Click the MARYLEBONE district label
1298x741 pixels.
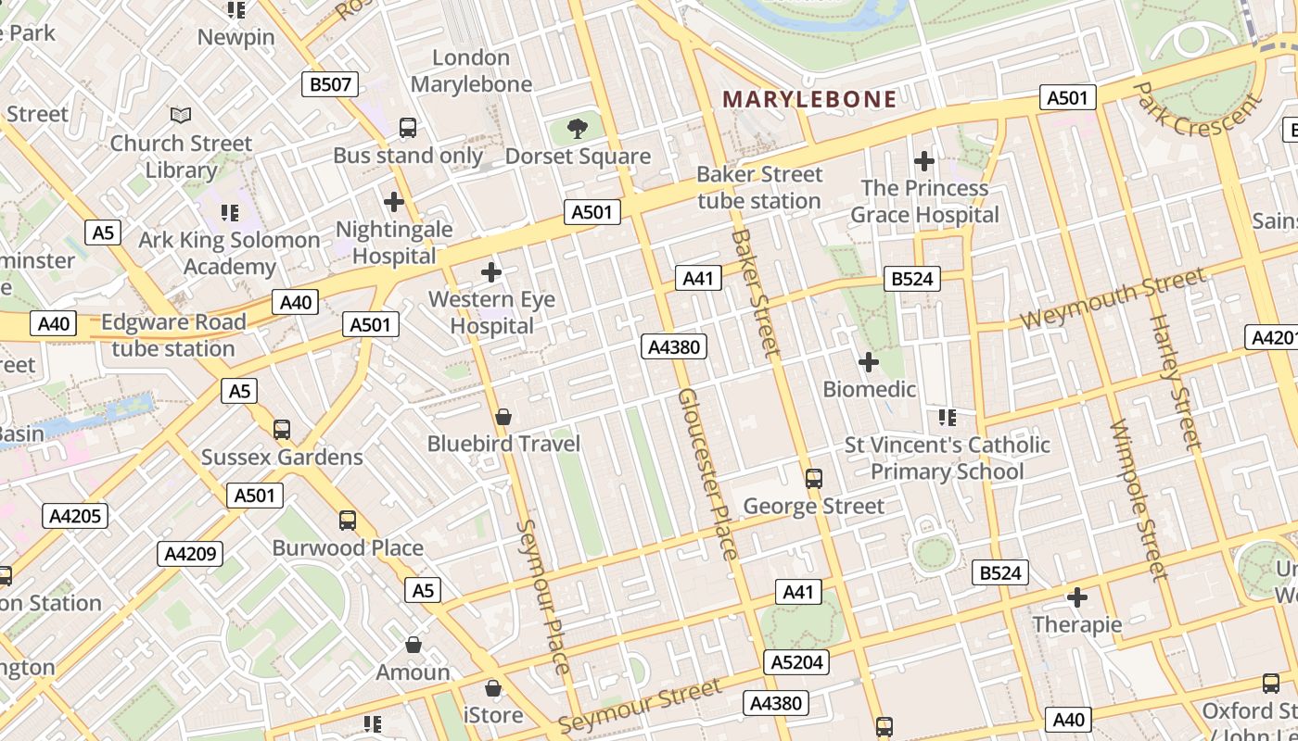(x=809, y=99)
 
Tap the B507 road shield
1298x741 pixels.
(x=330, y=85)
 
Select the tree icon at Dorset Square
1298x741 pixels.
(x=578, y=129)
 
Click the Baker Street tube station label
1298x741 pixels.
(x=759, y=187)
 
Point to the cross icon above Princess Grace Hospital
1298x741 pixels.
(x=923, y=161)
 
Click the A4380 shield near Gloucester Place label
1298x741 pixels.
(x=674, y=347)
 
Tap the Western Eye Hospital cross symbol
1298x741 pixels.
(x=491, y=272)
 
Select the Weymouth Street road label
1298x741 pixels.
(x=1113, y=297)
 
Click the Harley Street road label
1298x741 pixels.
(x=1175, y=382)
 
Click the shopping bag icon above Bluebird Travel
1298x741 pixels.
(x=503, y=417)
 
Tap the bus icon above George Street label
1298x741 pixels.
(x=813, y=479)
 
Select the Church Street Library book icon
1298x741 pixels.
(x=181, y=116)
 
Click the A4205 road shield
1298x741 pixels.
(x=75, y=516)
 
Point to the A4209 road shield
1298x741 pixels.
(x=190, y=554)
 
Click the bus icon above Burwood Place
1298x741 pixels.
(x=348, y=521)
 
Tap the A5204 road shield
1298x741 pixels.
(x=795, y=661)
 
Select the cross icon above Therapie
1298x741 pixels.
(x=1076, y=597)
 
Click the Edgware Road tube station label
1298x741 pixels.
(x=173, y=335)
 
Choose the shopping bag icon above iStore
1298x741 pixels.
(x=493, y=688)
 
